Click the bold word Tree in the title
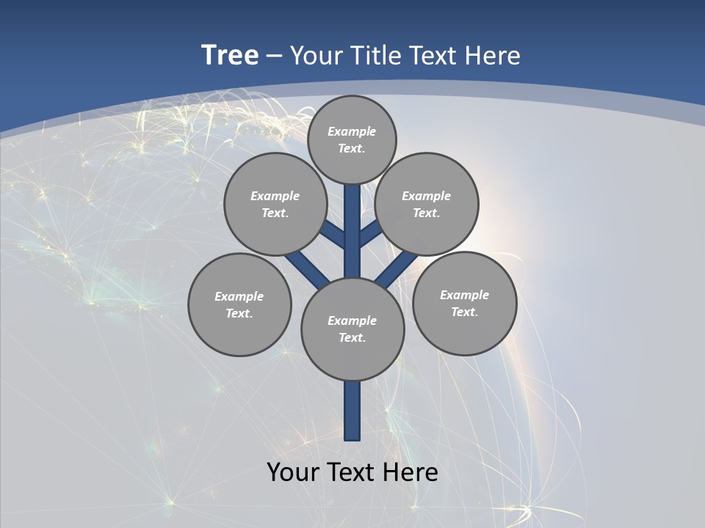coord(230,56)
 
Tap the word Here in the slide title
coord(491,56)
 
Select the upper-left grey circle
coord(275,204)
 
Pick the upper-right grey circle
coord(427,204)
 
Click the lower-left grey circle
coord(239,304)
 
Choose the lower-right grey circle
coord(464,303)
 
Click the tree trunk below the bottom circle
coord(352,411)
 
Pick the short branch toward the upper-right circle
coord(370,233)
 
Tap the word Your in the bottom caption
coord(294,472)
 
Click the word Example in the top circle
coord(352,132)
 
